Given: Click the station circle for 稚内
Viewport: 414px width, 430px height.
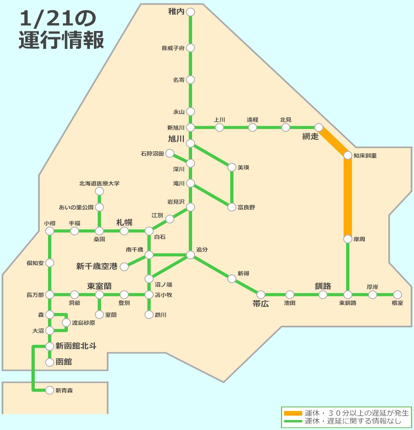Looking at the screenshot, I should click(x=190, y=12).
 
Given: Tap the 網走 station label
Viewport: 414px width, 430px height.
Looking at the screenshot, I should click(x=310, y=136).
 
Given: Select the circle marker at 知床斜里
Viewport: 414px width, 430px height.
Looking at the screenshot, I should click(x=348, y=155).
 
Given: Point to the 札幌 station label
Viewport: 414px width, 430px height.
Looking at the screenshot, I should click(x=124, y=222).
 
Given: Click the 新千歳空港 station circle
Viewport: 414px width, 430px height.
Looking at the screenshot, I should click(x=124, y=267).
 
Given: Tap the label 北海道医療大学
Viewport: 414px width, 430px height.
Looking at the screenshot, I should click(x=99, y=183).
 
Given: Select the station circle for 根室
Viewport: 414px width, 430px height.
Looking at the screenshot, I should click(x=397, y=294).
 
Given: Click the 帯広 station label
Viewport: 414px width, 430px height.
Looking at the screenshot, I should click(x=261, y=304).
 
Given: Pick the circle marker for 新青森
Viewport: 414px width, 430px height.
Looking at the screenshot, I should click(x=50, y=390).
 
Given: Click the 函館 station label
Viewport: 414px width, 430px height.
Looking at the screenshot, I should click(x=64, y=362).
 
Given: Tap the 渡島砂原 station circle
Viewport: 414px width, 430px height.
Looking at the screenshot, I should click(x=66, y=322).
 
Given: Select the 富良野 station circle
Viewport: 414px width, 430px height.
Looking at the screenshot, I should click(x=232, y=207).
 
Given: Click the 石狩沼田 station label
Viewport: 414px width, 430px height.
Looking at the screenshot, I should click(x=152, y=154).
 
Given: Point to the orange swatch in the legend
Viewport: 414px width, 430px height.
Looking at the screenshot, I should click(x=293, y=413).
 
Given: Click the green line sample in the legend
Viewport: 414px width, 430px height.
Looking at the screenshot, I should click(x=293, y=421).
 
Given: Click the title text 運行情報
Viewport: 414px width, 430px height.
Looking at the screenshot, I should click(x=61, y=41).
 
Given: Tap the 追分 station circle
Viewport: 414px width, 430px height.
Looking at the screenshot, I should click(x=190, y=255).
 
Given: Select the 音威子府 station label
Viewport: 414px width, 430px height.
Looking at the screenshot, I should click(x=173, y=48).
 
